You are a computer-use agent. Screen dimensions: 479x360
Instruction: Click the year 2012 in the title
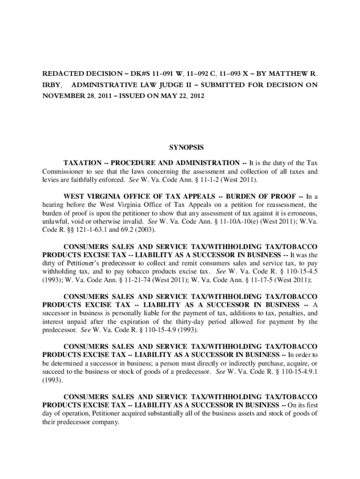[196, 96]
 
